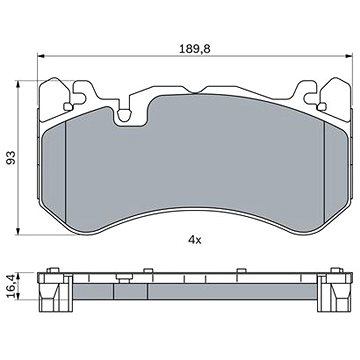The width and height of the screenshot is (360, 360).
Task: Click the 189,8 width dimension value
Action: click(195, 49)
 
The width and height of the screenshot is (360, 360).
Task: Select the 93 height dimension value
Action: click(11, 157)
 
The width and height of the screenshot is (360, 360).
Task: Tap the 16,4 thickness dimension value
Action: click(11, 286)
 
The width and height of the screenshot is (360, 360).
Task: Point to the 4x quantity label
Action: click(195, 240)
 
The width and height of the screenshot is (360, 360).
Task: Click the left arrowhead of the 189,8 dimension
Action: click(41, 56)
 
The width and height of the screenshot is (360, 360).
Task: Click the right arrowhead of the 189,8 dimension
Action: click(349, 56)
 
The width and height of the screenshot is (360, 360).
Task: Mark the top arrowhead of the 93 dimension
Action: click(18, 84)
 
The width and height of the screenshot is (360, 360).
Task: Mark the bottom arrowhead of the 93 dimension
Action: click(18, 231)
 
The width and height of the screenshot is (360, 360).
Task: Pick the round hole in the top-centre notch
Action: click(124, 115)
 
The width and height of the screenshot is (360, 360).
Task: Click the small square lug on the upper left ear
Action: click(68, 107)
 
